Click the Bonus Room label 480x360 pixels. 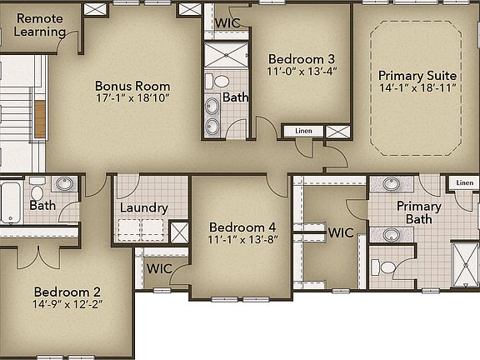click(x=132, y=86)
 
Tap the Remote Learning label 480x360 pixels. click(x=40, y=25)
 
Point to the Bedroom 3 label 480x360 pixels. click(x=301, y=59)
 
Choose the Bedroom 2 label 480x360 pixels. click(x=67, y=292)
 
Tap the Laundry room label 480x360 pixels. click(x=143, y=208)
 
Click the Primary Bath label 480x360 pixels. click(x=418, y=212)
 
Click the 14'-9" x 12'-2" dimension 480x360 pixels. click(x=67, y=306)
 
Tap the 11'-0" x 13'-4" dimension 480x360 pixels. click(x=301, y=72)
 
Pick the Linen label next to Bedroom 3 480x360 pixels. click(x=302, y=131)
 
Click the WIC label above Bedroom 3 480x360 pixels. click(x=227, y=23)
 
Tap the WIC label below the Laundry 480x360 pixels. click(x=159, y=268)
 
